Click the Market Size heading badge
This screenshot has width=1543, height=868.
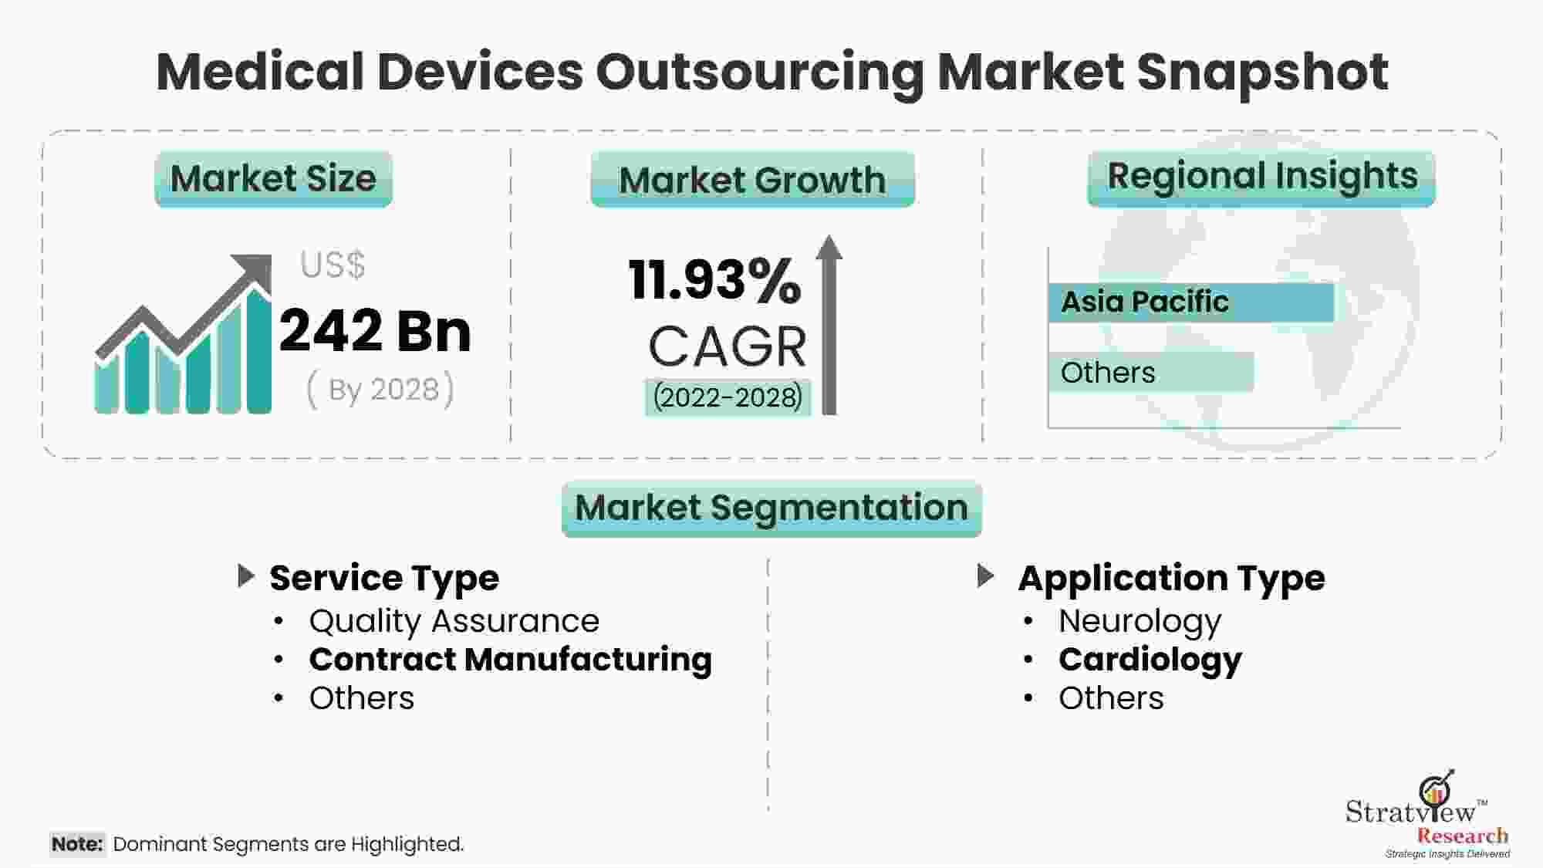pyautogui.click(x=273, y=179)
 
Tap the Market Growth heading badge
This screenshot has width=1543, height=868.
pyautogui.click(x=752, y=180)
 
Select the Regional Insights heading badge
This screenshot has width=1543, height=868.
pyautogui.click(x=1261, y=177)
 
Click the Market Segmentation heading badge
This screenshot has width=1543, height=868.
pyautogui.click(x=771, y=508)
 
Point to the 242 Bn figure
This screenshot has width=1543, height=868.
pyautogui.click(x=375, y=331)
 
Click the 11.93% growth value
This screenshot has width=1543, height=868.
pyautogui.click(x=714, y=279)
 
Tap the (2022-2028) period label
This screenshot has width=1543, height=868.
pyautogui.click(x=728, y=397)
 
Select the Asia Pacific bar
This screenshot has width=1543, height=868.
pyautogui.click(x=1190, y=302)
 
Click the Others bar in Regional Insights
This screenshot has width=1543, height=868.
pyautogui.click(x=1150, y=373)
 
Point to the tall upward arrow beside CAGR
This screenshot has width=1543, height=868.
pyautogui.click(x=829, y=324)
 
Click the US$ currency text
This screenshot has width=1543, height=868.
pyautogui.click(x=333, y=265)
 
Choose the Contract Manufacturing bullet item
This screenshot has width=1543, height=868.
pyautogui.click(x=510, y=660)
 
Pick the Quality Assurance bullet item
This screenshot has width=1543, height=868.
pyautogui.click(x=454, y=621)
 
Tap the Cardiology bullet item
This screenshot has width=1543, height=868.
pyautogui.click(x=1150, y=660)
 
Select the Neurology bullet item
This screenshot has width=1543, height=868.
pyautogui.click(x=1140, y=621)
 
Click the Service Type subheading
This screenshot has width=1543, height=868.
pyautogui.click(x=384, y=578)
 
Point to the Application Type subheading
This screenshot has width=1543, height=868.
pyautogui.click(x=1171, y=578)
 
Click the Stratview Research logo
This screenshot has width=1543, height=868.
pyautogui.click(x=1427, y=818)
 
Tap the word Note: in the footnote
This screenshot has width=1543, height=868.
pyautogui.click(x=77, y=844)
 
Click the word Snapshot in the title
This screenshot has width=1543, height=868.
pyautogui.click(x=1262, y=72)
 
